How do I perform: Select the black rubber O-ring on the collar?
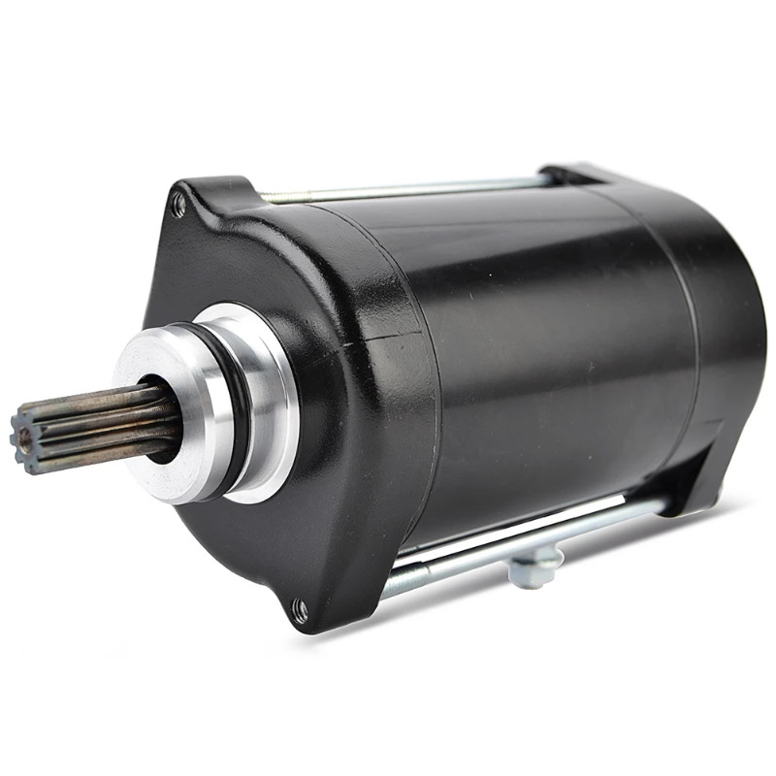pyautogui.click(x=236, y=407)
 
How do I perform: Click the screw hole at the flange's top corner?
pyautogui.click(x=178, y=205)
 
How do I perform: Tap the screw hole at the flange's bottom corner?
pyautogui.click(x=301, y=610)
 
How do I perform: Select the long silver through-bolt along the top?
pyautogui.click(x=407, y=188)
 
